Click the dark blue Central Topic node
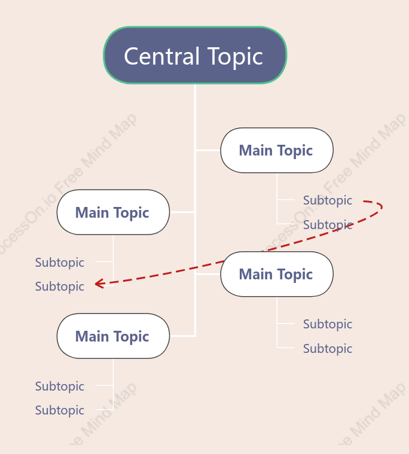pyautogui.click(x=195, y=55)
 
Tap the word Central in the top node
pyautogui.click(x=162, y=56)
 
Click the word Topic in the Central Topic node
pyautogui.click(x=236, y=57)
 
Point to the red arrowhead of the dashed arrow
pyautogui.click(x=99, y=284)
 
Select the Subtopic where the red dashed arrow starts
pyautogui.click(x=327, y=200)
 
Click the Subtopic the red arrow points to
pyautogui.click(x=60, y=287)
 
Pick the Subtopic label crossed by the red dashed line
pyautogui.click(x=327, y=225)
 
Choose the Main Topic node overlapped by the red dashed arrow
pyautogui.click(x=277, y=274)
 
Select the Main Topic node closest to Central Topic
pyautogui.click(x=277, y=150)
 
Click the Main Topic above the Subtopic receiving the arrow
pyautogui.click(x=113, y=212)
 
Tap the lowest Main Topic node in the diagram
pyautogui.click(x=113, y=336)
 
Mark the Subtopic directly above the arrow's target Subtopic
pyautogui.click(x=60, y=263)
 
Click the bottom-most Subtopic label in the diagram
pyautogui.click(x=60, y=410)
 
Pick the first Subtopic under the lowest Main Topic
pyautogui.click(x=60, y=386)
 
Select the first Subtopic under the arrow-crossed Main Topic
pyautogui.click(x=327, y=324)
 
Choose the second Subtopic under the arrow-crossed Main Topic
pyautogui.click(x=327, y=349)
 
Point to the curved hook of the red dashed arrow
pyautogui.click(x=381, y=207)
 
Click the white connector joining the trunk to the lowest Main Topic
pyautogui.click(x=182, y=336)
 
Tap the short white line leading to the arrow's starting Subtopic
pyautogui.click(x=286, y=200)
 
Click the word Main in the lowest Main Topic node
pyautogui.click(x=92, y=336)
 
